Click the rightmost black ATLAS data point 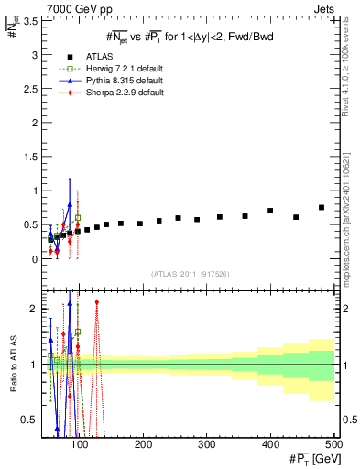(322, 208)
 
